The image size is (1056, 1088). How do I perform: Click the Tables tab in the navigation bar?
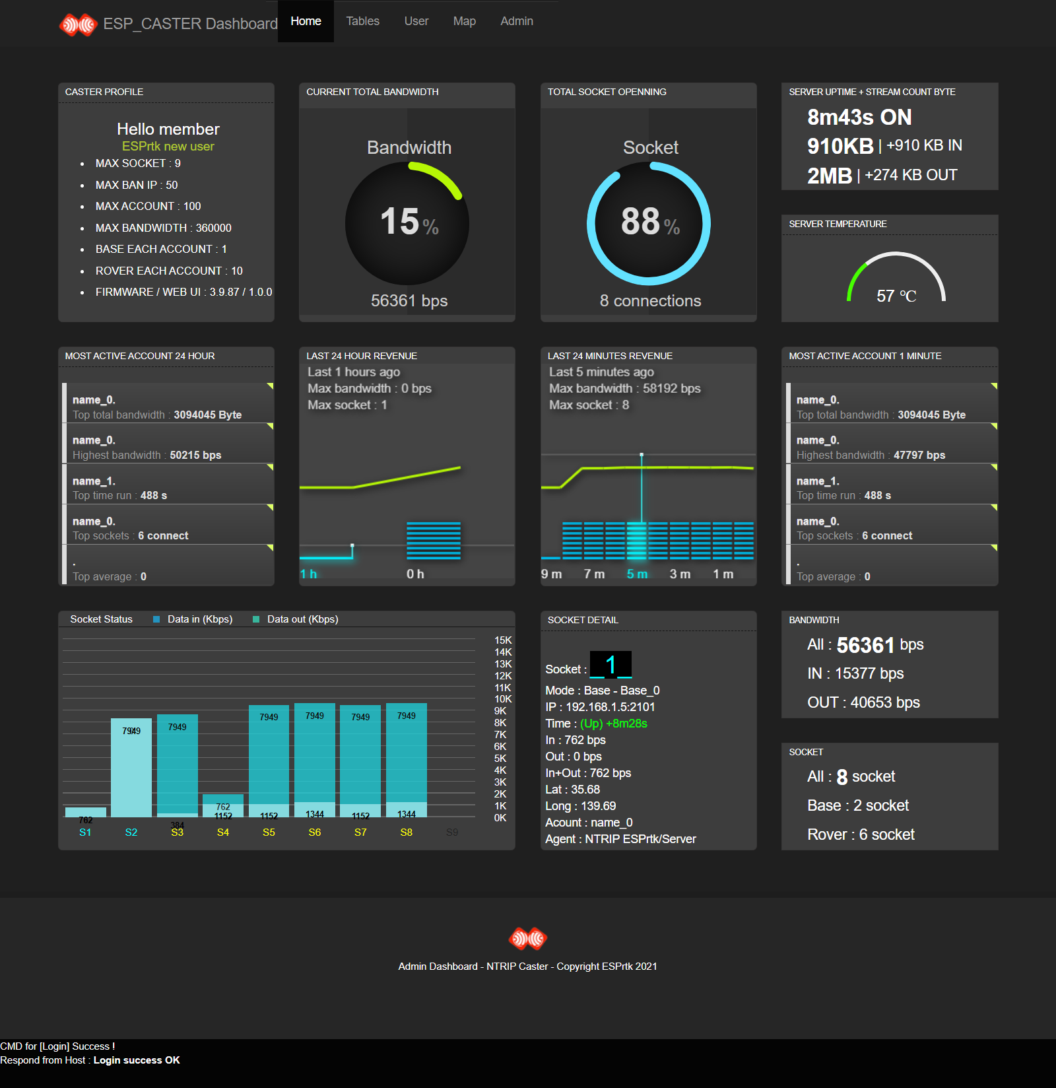[362, 21]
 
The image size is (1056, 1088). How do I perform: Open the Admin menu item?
[516, 21]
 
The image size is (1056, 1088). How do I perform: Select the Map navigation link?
[464, 21]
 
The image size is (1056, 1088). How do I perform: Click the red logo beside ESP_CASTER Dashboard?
[79, 25]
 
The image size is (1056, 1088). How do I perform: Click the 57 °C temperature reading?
[896, 296]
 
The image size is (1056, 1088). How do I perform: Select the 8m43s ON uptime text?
[859, 118]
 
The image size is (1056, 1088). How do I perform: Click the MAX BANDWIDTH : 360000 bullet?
[163, 228]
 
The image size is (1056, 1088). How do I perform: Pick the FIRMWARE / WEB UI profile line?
[183, 292]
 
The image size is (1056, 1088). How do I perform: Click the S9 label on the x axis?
[452, 833]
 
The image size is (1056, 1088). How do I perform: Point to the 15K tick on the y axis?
[502, 640]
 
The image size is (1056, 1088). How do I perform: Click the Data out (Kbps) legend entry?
[302, 619]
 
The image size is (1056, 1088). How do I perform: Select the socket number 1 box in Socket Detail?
[610, 664]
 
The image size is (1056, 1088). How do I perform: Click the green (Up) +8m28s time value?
[613, 724]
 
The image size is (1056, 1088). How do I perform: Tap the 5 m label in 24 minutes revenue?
[637, 574]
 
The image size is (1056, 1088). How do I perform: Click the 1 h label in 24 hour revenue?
[308, 574]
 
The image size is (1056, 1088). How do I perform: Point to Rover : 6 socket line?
[861, 834]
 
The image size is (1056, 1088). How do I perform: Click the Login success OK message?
[137, 1060]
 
